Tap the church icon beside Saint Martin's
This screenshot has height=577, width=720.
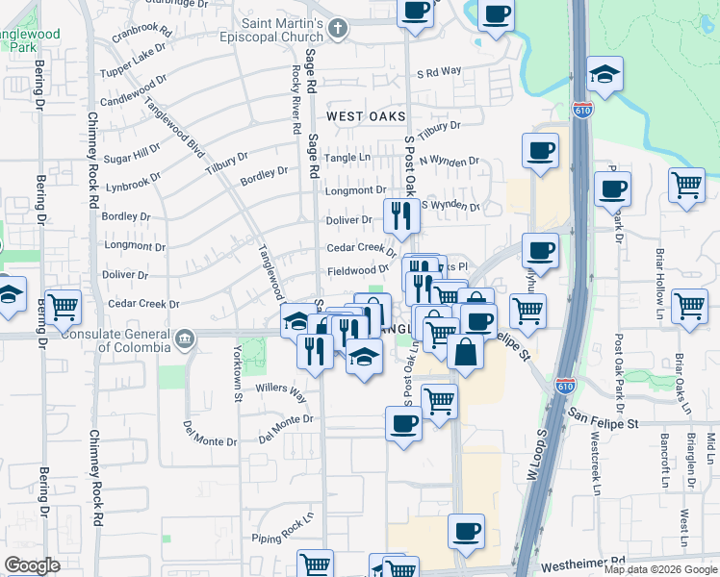337,28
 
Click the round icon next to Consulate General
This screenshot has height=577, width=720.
184,337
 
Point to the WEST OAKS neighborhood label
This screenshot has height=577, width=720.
365,116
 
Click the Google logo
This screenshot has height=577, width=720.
32,565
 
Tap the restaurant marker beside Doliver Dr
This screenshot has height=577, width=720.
400,215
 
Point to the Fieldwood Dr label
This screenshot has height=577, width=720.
358,270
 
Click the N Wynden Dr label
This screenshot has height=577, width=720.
449,161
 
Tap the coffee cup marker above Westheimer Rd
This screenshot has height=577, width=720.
466,532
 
